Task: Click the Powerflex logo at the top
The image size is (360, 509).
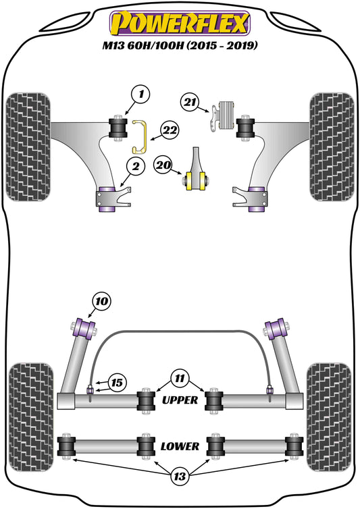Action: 180,24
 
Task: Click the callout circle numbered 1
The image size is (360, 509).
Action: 140,95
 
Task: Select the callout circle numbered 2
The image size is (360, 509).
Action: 135,167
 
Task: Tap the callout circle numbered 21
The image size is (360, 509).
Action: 190,102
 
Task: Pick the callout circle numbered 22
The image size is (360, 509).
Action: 170,131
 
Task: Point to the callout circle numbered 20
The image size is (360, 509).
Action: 163,165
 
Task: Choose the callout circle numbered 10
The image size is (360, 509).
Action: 102,301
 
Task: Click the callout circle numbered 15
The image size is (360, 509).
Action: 117,382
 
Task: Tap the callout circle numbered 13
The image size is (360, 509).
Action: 180,476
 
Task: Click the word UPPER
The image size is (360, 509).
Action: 180,400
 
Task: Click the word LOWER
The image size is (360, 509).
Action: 180,446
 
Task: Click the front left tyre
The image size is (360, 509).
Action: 28,146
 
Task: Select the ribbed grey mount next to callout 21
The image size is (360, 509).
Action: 227,115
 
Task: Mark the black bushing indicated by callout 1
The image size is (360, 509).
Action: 118,128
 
